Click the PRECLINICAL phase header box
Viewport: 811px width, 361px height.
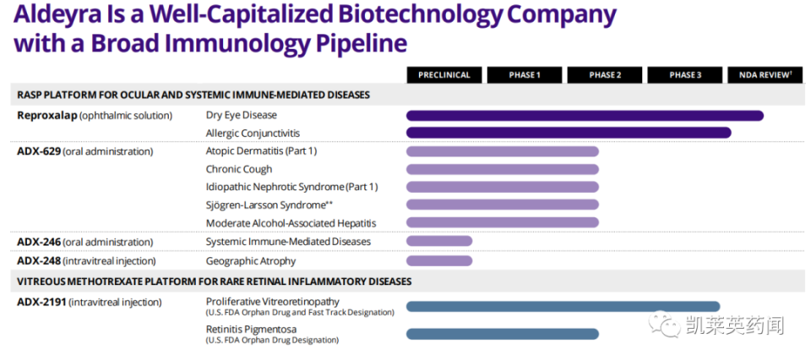pos(444,74)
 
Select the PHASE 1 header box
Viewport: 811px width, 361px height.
pos(524,74)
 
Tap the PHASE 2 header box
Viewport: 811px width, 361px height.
pos(604,74)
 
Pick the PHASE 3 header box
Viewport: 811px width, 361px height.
pos(685,74)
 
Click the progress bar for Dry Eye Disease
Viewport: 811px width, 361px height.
pos(585,115)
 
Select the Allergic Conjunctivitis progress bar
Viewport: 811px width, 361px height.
pos(569,133)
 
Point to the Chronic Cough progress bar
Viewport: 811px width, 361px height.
pos(503,169)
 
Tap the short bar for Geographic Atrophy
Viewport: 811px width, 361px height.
pos(439,261)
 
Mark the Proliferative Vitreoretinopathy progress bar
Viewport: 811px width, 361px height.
pos(563,306)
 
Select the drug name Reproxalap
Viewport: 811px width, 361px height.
pos(46,115)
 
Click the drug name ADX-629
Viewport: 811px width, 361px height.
pos(38,151)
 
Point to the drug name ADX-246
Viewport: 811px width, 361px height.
pos(38,242)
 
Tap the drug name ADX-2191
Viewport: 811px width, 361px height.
pos(41,302)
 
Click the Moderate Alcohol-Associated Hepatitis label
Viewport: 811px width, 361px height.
pos(291,223)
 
